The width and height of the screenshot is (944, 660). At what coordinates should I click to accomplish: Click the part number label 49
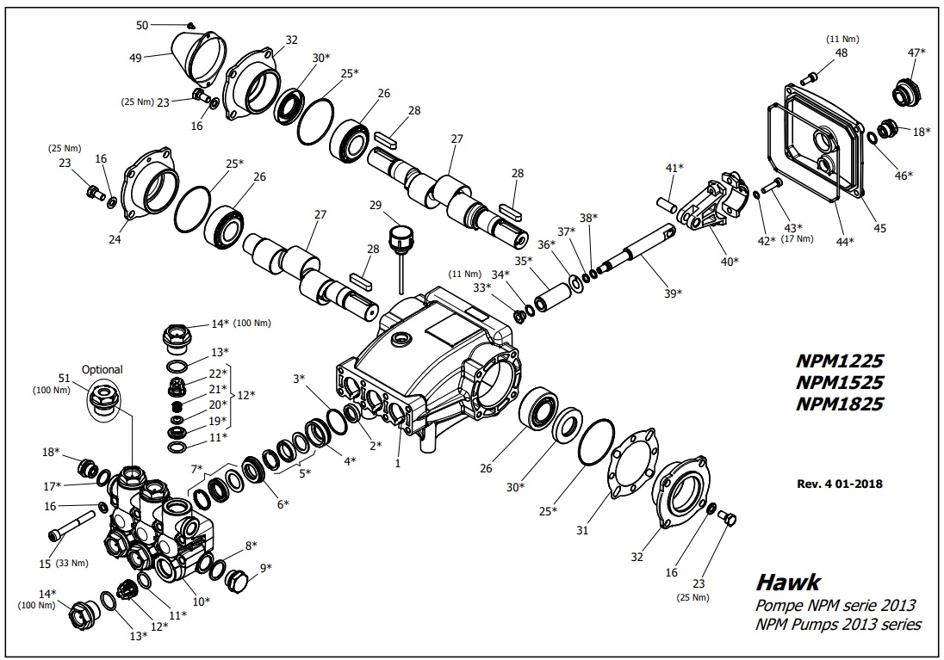[x=135, y=59]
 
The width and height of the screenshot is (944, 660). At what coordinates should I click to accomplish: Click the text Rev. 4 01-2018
[x=840, y=484]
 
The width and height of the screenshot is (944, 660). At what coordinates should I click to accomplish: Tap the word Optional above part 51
[x=102, y=370]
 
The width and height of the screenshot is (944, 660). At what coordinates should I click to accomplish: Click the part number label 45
[x=879, y=228]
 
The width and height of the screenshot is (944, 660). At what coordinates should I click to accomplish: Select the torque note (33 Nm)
[x=72, y=564]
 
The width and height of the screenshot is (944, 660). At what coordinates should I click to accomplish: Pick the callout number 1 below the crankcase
[x=398, y=463]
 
